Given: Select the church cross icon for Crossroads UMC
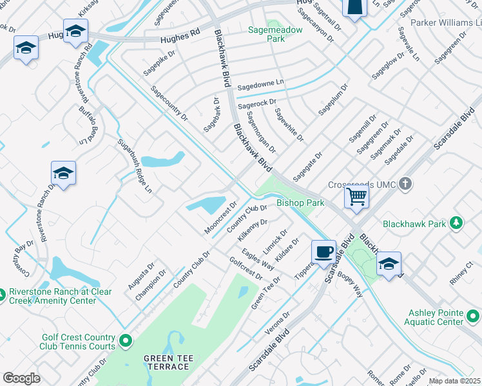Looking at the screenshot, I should pos(405,185).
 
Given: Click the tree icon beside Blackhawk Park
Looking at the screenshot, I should pos(456,223).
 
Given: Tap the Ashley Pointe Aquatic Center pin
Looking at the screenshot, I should pos(473,317).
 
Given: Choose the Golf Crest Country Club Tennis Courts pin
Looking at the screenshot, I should pos(125,340).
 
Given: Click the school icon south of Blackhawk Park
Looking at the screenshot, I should pos(389,264).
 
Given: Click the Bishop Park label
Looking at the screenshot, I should pos(300,203).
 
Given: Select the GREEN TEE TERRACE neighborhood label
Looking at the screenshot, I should pos(166,362).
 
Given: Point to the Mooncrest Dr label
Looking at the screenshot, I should pos(221,217).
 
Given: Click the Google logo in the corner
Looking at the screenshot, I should pos(21,378).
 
